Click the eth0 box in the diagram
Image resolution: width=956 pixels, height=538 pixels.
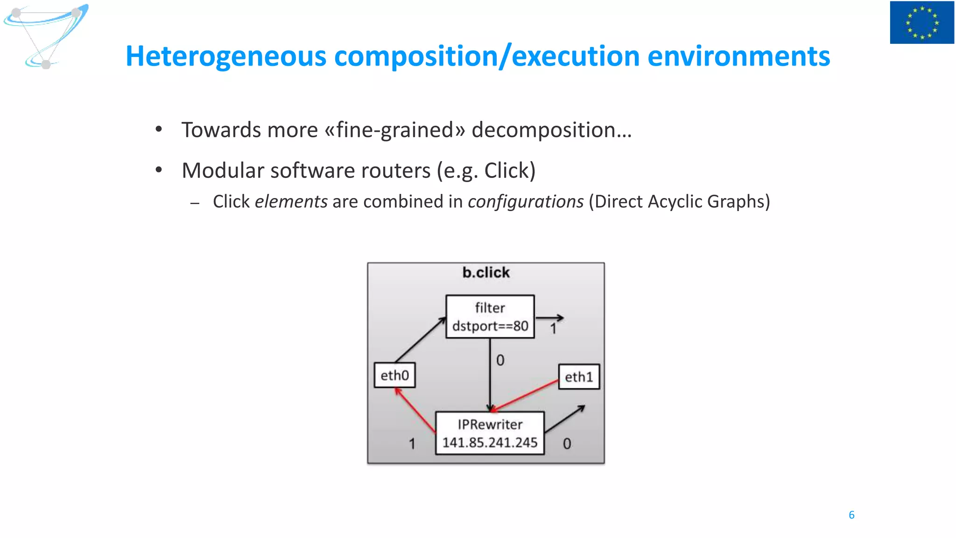pyautogui.click(x=394, y=375)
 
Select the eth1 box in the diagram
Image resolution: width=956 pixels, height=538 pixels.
pyautogui.click(x=579, y=376)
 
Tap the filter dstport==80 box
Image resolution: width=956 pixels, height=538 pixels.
pyautogui.click(x=490, y=317)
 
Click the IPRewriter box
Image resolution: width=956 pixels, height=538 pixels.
pyautogui.click(x=490, y=433)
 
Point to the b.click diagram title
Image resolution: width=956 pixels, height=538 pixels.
pyautogui.click(x=486, y=272)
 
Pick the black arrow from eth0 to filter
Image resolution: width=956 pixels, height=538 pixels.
pyautogui.click(x=420, y=340)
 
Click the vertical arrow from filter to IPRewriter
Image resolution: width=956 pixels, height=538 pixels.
pyautogui.click(x=490, y=374)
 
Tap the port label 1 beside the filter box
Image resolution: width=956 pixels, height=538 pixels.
pyautogui.click(x=553, y=329)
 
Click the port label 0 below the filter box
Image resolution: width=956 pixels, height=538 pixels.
pyautogui.click(x=500, y=360)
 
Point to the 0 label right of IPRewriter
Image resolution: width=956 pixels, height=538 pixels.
pyautogui.click(x=567, y=444)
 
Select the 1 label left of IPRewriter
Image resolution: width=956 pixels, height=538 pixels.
pyautogui.click(x=412, y=444)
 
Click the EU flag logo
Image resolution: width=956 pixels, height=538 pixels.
pyautogui.click(x=922, y=22)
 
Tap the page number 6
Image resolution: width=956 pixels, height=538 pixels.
pyautogui.click(x=851, y=515)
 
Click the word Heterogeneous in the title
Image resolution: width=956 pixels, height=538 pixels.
pyautogui.click(x=226, y=57)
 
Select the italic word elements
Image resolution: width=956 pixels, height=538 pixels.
pyautogui.click(x=291, y=202)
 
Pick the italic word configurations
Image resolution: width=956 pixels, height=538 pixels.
pyautogui.click(x=526, y=202)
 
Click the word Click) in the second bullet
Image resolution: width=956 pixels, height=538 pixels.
pyautogui.click(x=510, y=170)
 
